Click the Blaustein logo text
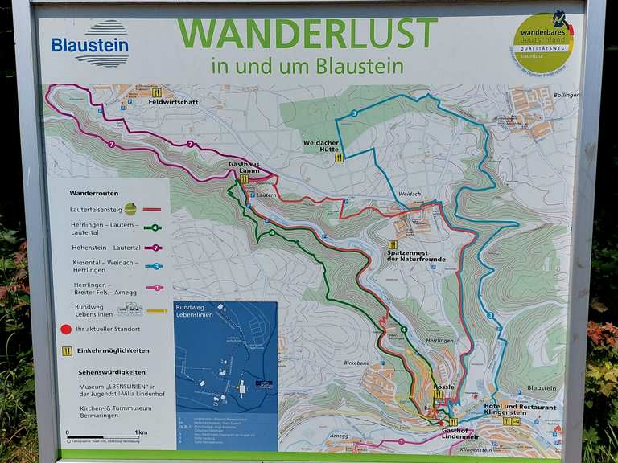89,45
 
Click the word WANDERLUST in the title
307,34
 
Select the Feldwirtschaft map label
173,102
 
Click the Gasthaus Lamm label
244,166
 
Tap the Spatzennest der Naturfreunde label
415,256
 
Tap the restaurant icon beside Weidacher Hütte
340,158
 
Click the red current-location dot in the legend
66,329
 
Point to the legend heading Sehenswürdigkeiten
112,372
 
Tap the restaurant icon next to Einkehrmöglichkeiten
67,350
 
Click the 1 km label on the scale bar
142,432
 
